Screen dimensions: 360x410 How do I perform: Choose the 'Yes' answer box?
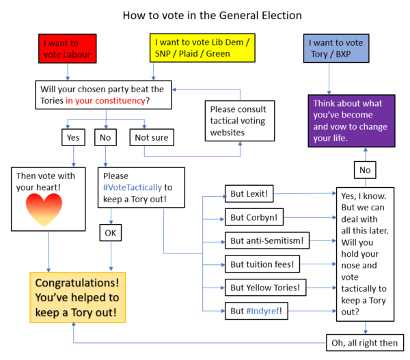(x=72, y=138)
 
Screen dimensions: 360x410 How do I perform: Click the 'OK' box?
(x=111, y=233)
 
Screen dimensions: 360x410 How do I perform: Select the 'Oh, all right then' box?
(x=364, y=342)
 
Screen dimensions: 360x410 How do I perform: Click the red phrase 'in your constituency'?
(x=105, y=101)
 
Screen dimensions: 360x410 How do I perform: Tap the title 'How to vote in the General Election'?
(x=202, y=14)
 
